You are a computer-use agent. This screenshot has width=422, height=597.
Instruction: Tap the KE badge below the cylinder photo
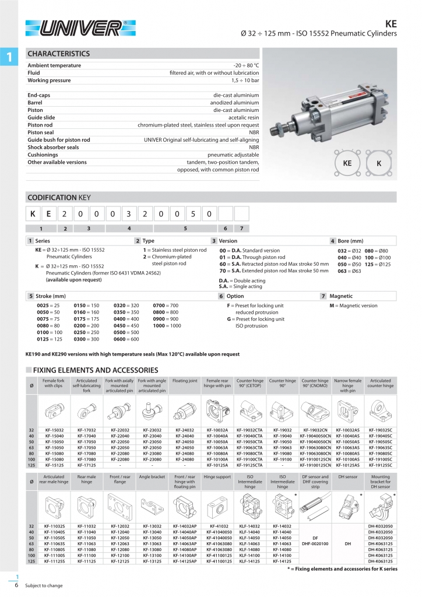click(347, 164)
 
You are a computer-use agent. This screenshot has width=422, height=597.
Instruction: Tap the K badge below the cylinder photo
click(379, 164)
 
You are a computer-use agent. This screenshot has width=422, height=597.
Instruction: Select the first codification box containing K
click(34, 215)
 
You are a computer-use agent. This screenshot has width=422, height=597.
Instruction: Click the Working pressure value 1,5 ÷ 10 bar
click(245, 80)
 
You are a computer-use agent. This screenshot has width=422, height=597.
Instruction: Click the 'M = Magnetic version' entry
click(353, 305)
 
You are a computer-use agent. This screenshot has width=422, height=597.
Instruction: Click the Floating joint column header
click(185, 381)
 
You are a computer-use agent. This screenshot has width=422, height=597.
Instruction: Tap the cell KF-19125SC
click(381, 465)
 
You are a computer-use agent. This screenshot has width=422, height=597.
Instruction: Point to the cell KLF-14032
click(249, 527)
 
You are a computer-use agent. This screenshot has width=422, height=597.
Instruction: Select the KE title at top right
click(391, 24)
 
